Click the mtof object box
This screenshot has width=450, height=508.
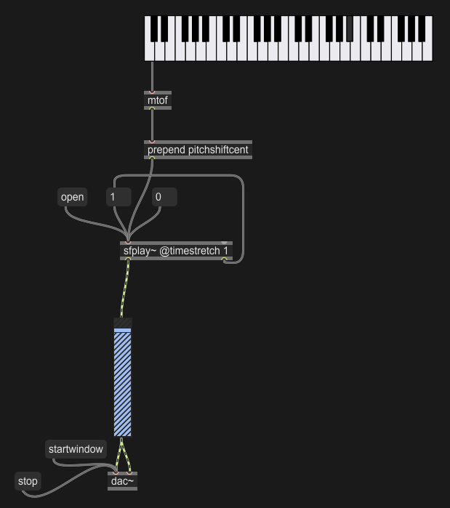click(158, 100)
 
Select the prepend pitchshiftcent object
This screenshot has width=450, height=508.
click(198, 150)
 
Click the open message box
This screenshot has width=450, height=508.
click(73, 197)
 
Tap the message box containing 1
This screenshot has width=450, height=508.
click(119, 197)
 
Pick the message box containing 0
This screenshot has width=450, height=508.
click(164, 197)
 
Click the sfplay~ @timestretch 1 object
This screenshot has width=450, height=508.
click(176, 251)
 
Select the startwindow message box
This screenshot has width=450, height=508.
click(76, 449)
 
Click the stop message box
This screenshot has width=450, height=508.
click(28, 481)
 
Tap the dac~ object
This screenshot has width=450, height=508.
click(122, 481)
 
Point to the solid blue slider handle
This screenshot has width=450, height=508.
click(122, 331)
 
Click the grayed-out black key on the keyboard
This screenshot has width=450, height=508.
click(350, 28)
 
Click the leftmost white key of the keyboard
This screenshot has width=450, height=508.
click(149, 51)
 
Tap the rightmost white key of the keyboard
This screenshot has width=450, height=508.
click(427, 51)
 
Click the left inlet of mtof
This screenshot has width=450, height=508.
click(152, 92)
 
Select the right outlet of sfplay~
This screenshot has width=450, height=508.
click(224, 259)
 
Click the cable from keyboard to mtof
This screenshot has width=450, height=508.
click(152, 76)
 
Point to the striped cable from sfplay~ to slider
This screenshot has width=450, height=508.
click(125, 289)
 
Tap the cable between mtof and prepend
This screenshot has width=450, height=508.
click(152, 126)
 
